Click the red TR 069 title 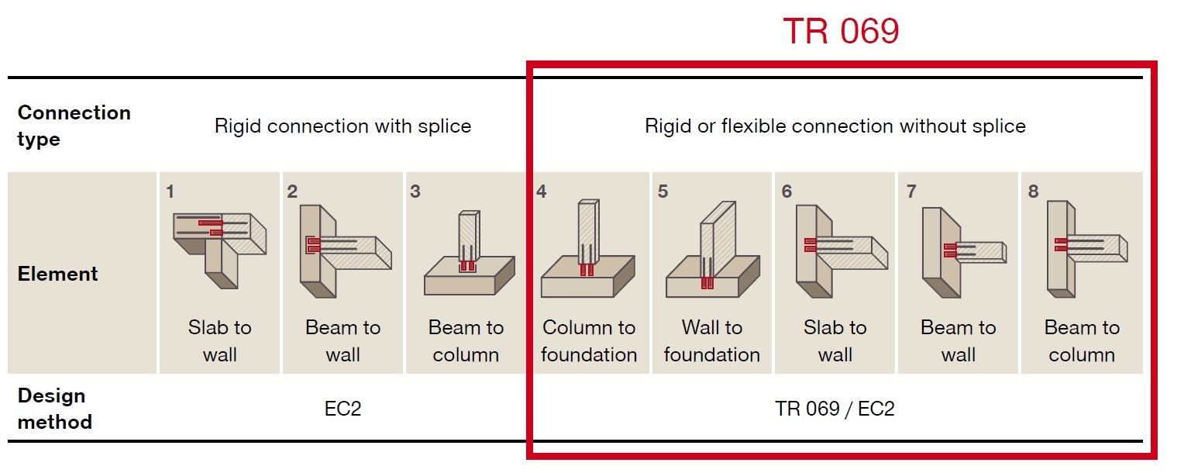click(841, 32)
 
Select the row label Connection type click(74, 126)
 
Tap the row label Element click(58, 274)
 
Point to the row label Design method click(54, 409)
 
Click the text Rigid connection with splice click(342, 126)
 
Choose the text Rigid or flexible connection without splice click(835, 126)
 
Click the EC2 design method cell click(342, 409)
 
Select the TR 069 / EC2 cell click(835, 409)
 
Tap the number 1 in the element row click(170, 192)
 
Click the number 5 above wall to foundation click(663, 192)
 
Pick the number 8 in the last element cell click(1033, 192)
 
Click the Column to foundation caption click(589, 341)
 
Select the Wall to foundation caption click(711, 341)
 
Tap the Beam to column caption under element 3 click(466, 341)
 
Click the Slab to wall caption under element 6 click(835, 341)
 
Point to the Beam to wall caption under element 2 click(342, 341)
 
